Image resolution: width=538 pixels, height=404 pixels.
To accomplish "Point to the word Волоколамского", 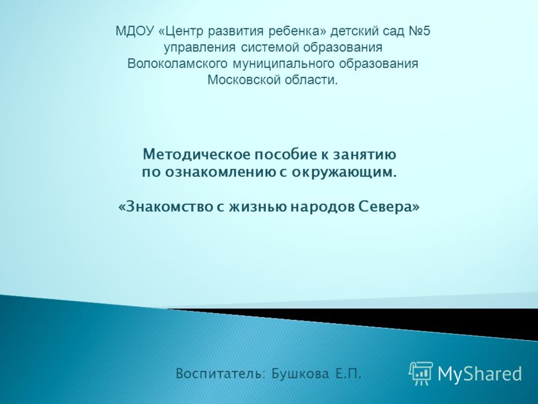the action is [x=177, y=64].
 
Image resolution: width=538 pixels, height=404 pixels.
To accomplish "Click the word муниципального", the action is [x=283, y=65].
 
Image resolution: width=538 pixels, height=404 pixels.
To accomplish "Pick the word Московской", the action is [x=242, y=80].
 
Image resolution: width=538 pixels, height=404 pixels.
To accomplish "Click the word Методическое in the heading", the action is [x=196, y=155].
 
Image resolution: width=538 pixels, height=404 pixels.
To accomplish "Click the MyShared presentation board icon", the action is [x=421, y=373].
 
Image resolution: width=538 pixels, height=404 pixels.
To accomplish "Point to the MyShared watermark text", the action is [x=479, y=374].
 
